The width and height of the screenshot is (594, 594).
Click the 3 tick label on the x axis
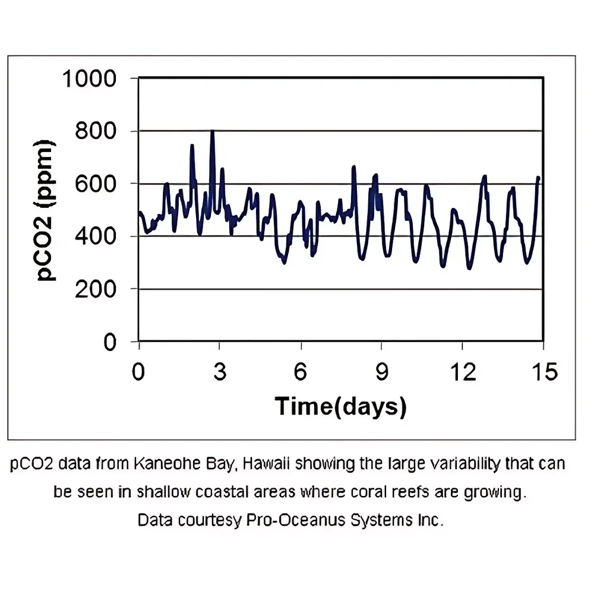point(219,372)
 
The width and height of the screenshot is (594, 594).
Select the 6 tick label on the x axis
point(301,372)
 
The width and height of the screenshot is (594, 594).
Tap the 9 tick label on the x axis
point(381,372)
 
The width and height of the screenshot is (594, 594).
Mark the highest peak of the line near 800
point(212,131)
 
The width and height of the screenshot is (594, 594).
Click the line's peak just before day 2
point(192,145)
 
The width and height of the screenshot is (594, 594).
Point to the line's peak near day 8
point(354,167)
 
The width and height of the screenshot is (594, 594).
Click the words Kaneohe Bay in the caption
point(188,464)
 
